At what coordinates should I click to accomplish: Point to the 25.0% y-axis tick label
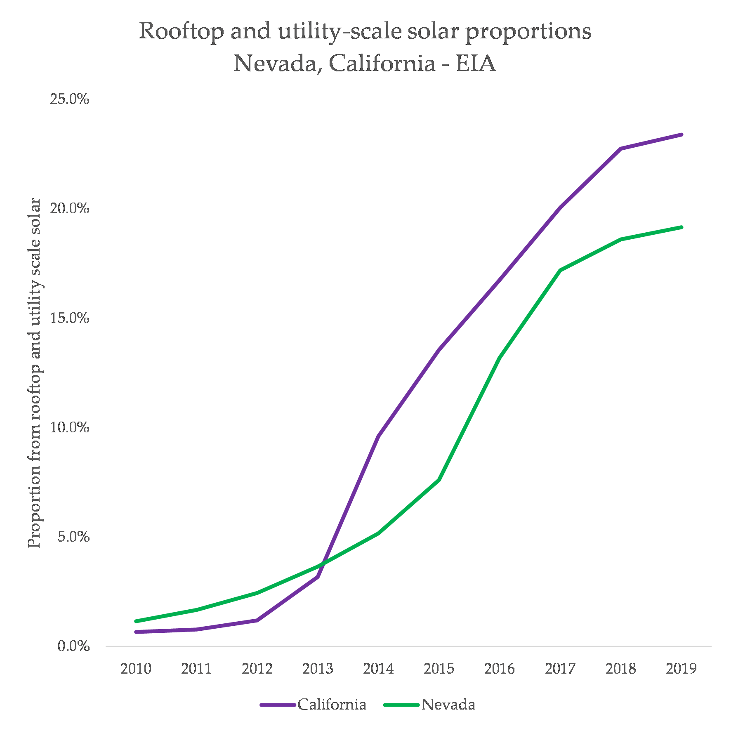(x=69, y=99)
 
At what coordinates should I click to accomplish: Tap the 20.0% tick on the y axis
(x=69, y=208)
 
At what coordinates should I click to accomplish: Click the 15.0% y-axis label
(x=69, y=318)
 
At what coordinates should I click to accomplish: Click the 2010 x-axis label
(x=136, y=668)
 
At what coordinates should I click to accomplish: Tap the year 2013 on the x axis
(x=318, y=668)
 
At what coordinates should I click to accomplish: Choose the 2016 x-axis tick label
(x=500, y=668)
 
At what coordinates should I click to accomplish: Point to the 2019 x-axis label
(x=681, y=668)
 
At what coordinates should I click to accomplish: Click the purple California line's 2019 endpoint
(x=681, y=134)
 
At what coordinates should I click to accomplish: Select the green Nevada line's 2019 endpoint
(x=681, y=227)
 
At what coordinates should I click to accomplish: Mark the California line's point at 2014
(x=378, y=436)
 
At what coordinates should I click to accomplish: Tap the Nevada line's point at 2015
(x=439, y=479)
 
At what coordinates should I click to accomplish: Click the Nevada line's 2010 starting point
(x=136, y=621)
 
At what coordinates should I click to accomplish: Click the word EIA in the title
(x=475, y=64)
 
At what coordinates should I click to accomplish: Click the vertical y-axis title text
(x=35, y=373)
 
